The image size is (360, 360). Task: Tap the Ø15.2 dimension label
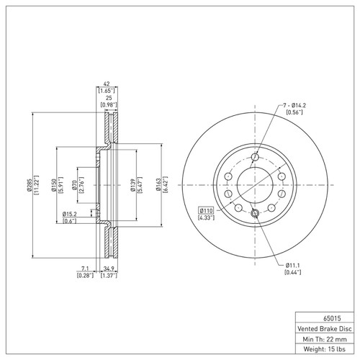pyautogui.click(x=71, y=214)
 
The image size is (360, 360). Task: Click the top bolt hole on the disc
pyautogui.click(x=255, y=158)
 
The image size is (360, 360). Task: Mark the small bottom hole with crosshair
pyautogui.click(x=255, y=212)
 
